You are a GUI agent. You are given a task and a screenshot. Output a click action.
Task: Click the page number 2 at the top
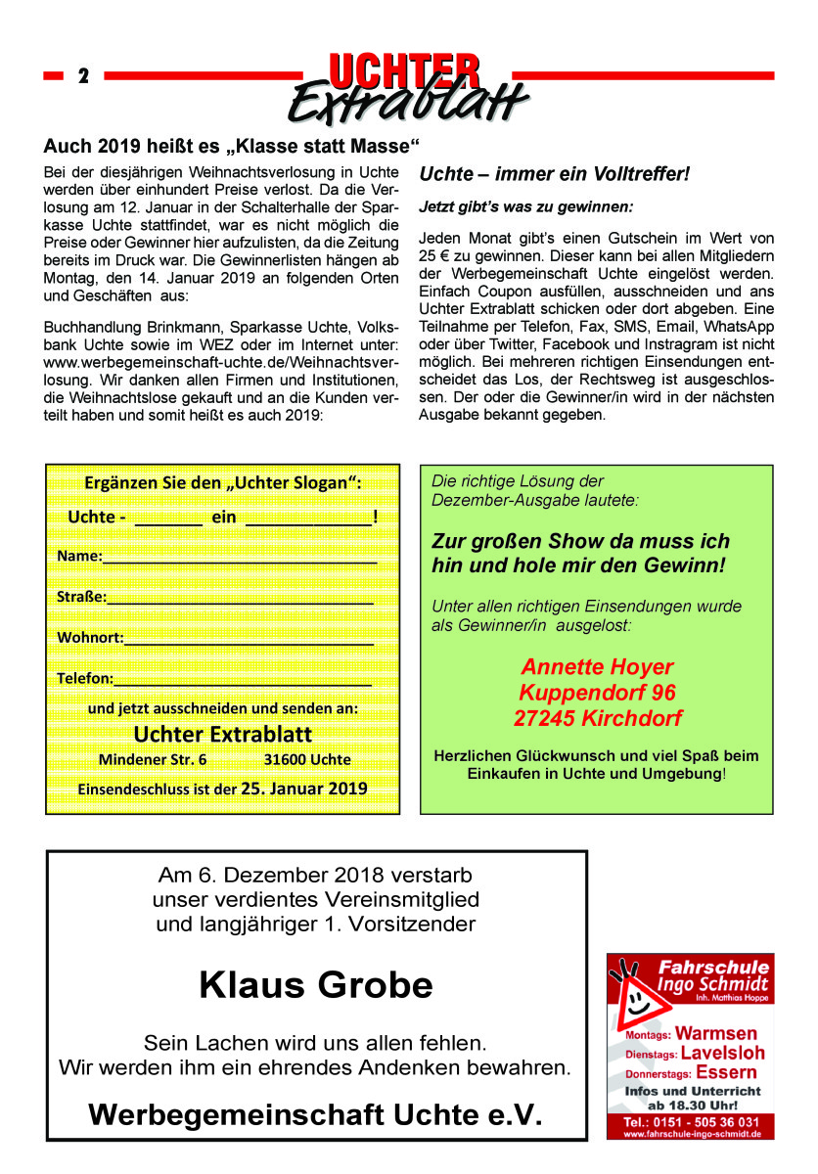tap(83, 76)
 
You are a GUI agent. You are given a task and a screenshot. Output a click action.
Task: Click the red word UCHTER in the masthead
tap(404, 71)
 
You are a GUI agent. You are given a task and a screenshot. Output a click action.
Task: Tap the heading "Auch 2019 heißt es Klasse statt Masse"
tap(231, 147)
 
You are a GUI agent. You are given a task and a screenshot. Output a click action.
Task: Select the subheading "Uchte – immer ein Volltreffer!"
tap(555, 174)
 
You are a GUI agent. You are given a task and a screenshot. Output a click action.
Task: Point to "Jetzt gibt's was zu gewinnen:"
tap(526, 207)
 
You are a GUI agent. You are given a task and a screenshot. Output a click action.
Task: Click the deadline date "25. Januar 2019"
tap(304, 788)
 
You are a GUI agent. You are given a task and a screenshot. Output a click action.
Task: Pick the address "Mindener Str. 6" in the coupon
tap(153, 759)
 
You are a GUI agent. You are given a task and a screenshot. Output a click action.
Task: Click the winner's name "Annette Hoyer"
tap(597, 667)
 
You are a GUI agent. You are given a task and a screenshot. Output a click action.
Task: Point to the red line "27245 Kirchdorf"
tap(597, 718)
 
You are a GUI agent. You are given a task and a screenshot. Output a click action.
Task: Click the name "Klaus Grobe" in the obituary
tap(315, 984)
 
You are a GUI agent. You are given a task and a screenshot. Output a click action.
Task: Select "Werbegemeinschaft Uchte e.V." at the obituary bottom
tap(315, 1114)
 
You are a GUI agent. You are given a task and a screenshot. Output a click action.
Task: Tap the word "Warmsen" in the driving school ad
tap(716, 1033)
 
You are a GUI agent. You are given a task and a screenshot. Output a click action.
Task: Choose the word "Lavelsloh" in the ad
tap(722, 1053)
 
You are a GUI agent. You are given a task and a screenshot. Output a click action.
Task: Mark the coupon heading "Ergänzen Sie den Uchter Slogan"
tap(223, 482)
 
